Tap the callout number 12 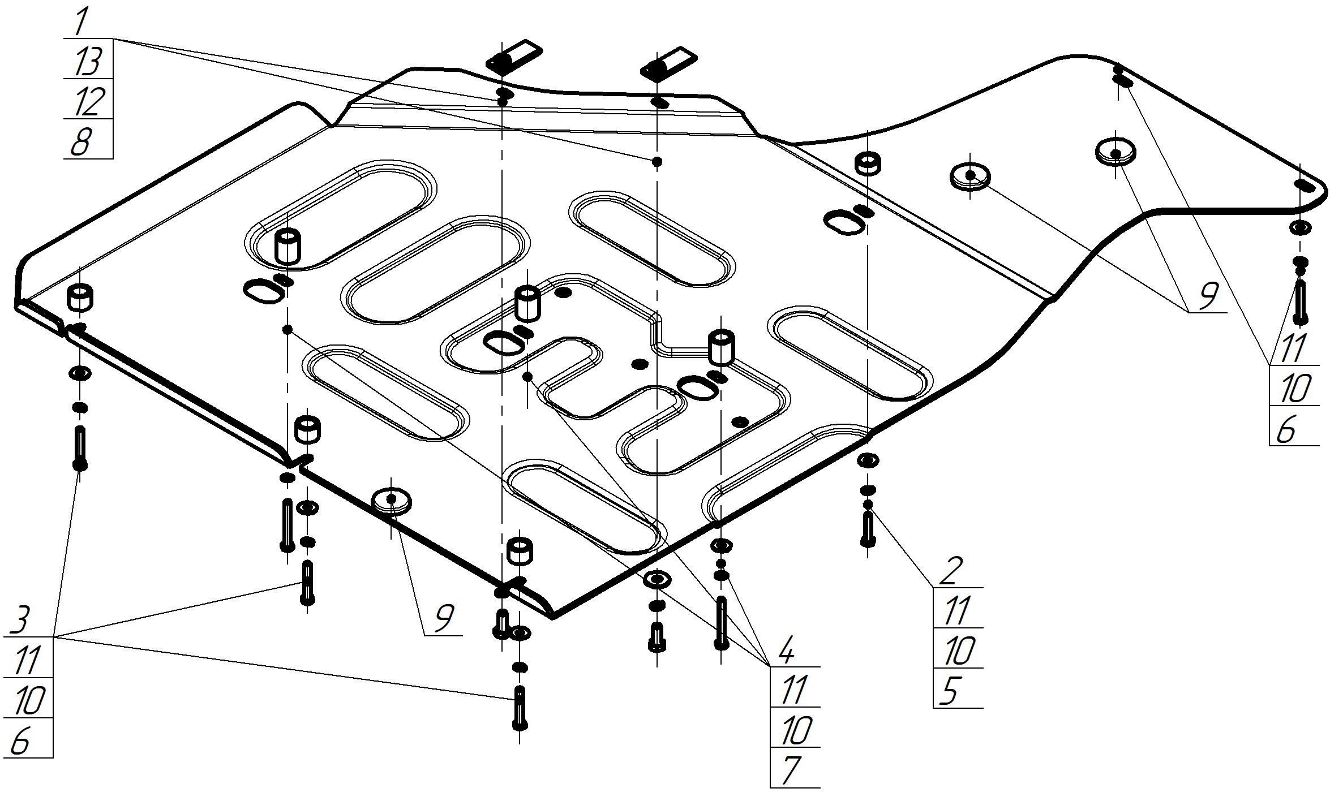(x=88, y=101)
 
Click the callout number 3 (x=20, y=621)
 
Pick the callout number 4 (x=787, y=652)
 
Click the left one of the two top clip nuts (x=514, y=55)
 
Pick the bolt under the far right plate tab (x=1300, y=303)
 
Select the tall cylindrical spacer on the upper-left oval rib (x=288, y=246)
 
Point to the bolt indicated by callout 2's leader (x=868, y=529)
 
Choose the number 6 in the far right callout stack (x=1286, y=430)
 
